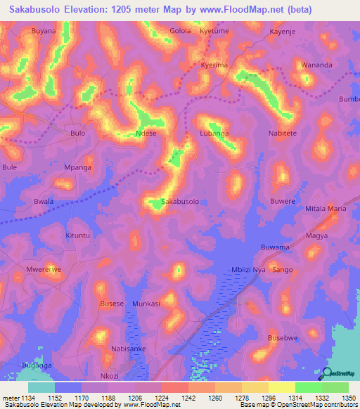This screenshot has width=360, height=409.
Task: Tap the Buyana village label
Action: tap(44, 32)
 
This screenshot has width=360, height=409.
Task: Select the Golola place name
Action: tap(181, 32)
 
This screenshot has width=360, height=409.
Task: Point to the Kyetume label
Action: tap(214, 32)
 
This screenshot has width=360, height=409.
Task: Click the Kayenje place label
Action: tap(284, 32)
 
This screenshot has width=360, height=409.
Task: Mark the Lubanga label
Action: tap(214, 133)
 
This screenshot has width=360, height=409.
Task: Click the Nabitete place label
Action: tap(283, 133)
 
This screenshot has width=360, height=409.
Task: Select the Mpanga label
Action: tap(78, 168)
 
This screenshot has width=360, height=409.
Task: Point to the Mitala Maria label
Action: tap(326, 209)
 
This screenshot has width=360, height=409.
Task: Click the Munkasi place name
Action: tap(146, 304)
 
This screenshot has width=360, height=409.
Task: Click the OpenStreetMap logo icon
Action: tap(326, 373)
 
